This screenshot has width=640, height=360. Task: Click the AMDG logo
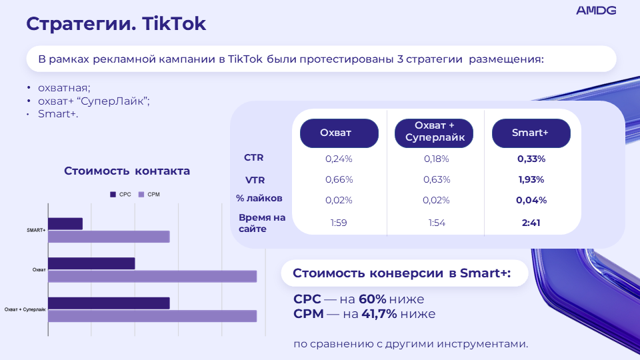coord(595,10)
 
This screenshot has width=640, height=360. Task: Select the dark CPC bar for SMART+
coord(65,224)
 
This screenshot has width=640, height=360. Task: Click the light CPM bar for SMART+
coord(109,237)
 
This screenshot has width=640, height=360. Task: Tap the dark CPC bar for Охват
coord(91,263)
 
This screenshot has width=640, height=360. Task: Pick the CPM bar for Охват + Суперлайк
coord(152,316)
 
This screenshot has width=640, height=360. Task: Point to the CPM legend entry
coord(149,194)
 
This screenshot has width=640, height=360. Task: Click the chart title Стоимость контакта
coord(127,171)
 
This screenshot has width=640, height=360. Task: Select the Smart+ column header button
coord(531,133)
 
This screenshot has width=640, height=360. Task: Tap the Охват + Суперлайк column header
coord(434,133)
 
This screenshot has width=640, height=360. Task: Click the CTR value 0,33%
coord(531,159)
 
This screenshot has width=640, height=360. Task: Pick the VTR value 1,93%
coord(531,179)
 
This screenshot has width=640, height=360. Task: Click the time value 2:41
coord(531,223)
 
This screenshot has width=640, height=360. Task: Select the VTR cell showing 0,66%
coord(339,179)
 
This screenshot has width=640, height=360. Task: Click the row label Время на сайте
coord(261,223)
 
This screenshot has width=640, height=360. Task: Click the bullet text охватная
coord(64,88)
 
